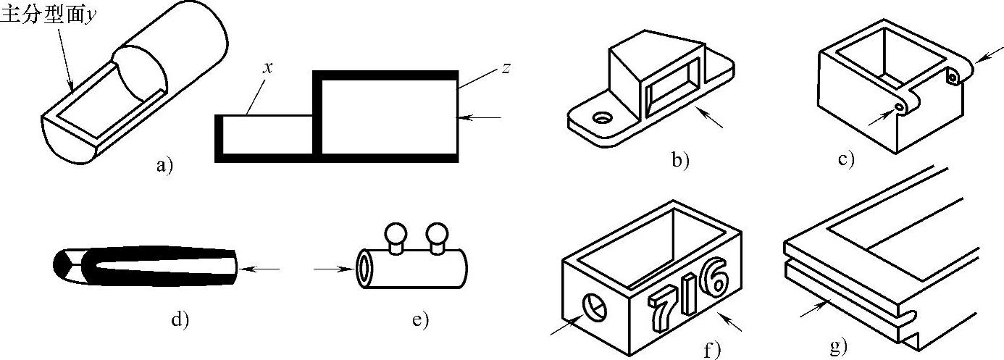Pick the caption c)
[845, 159]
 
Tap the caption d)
[179, 319]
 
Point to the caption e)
[419, 319]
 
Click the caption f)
[713, 351]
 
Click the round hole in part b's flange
[601, 117]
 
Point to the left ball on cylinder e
[395, 235]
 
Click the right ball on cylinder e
[437, 235]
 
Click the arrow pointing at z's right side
[481, 116]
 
